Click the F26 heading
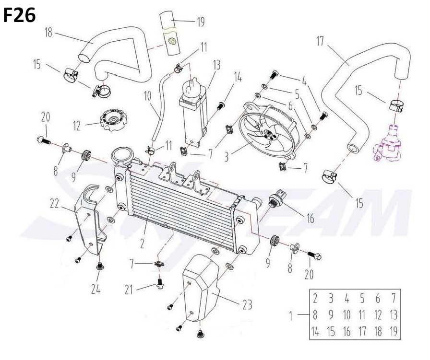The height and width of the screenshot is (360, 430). coord(20,15)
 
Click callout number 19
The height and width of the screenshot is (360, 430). coord(201,22)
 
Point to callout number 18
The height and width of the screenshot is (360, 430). coord(48,33)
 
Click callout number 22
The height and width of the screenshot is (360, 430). coord(55,205)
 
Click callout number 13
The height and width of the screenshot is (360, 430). coord(216,64)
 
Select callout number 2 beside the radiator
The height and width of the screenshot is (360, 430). coord(143,244)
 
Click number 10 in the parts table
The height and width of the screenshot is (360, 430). coord(347,315)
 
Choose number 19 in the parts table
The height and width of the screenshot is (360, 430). coord(394,331)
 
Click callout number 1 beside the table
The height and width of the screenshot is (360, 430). coord(292,315)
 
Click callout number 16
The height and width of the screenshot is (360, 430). coord(311,219)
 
